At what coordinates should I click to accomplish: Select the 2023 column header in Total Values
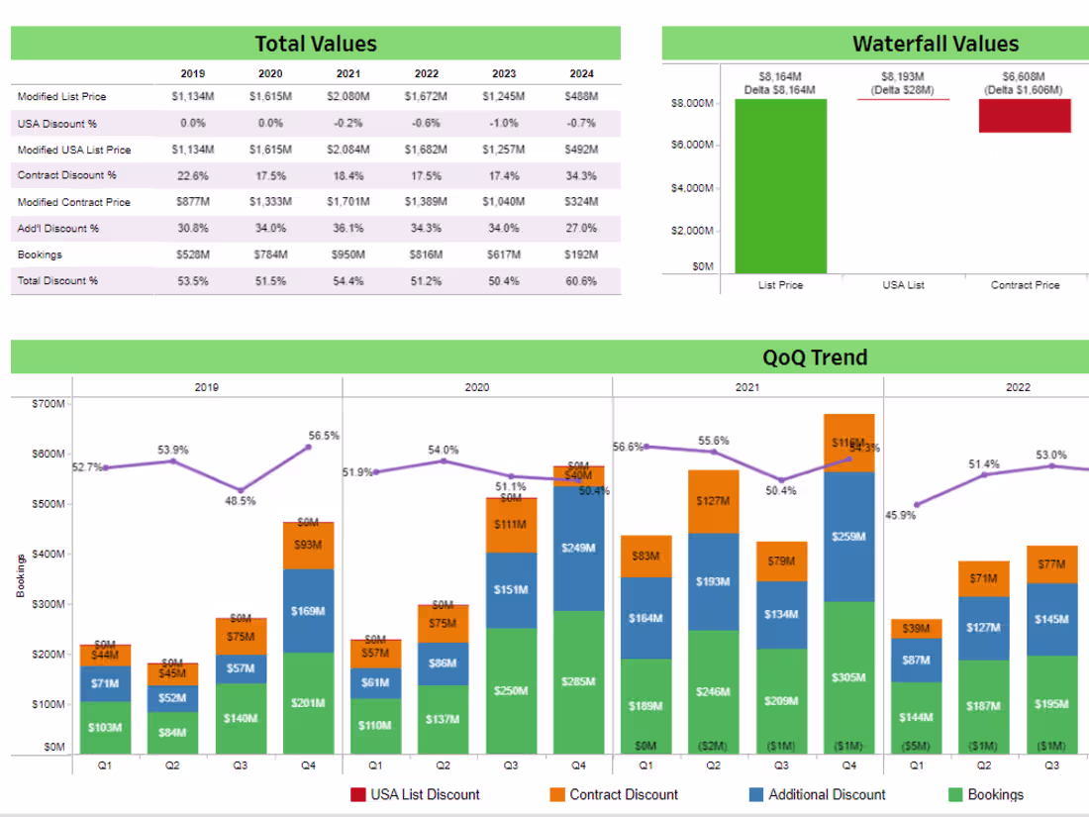pyautogui.click(x=504, y=73)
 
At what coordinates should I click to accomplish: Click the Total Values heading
pyautogui.click(x=316, y=44)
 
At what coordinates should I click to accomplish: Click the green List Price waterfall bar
pyautogui.click(x=780, y=186)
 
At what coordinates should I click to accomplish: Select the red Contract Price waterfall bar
pyautogui.click(x=1025, y=116)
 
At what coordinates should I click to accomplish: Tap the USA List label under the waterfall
pyautogui.click(x=902, y=285)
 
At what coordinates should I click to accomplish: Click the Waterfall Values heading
pyautogui.click(x=935, y=44)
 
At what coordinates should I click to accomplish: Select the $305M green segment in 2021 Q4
pyautogui.click(x=848, y=677)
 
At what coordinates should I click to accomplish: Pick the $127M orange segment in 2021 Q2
pyautogui.click(x=713, y=501)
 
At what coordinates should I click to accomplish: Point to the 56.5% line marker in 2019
pyautogui.click(x=309, y=448)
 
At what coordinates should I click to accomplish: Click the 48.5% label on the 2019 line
pyautogui.click(x=240, y=501)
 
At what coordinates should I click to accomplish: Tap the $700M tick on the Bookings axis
pyautogui.click(x=49, y=404)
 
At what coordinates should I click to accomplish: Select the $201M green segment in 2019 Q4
pyautogui.click(x=307, y=702)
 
